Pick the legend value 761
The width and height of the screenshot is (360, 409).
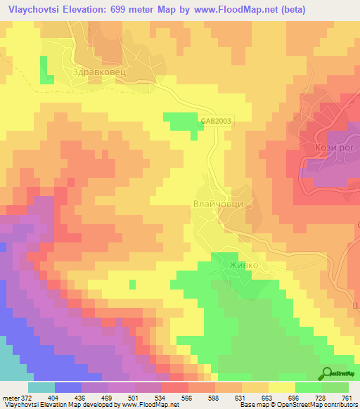coord(345,397)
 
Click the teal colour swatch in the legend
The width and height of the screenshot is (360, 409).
coord(41,387)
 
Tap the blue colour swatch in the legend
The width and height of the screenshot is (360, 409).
coord(68,387)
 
